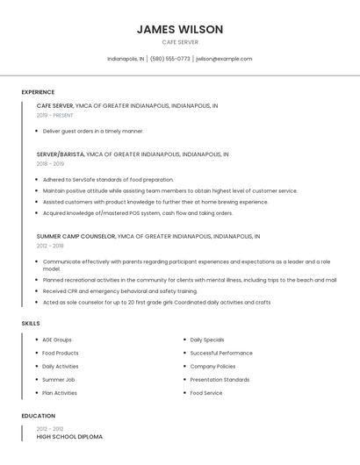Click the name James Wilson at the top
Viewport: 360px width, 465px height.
[180, 29]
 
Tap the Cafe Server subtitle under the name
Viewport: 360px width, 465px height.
[180, 42]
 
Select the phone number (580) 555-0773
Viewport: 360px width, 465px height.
[170, 59]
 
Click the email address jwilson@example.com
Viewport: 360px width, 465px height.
[224, 59]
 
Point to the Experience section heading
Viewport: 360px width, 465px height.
[38, 92]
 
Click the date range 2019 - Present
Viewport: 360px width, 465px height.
[54, 115]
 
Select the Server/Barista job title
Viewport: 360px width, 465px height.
[61, 154]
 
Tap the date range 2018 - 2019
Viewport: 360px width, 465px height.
[50, 163]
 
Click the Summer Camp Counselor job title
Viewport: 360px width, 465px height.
[76, 236]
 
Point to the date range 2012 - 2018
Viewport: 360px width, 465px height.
[50, 246]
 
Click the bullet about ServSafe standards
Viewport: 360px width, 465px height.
[108, 179]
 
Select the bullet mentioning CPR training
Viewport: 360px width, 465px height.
[119, 290]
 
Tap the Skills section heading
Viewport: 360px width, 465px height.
[31, 323]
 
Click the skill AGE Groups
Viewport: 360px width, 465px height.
[57, 340]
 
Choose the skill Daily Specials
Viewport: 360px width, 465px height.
[207, 340]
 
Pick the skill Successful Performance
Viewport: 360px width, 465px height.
[221, 353]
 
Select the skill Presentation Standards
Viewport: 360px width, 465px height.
[220, 380]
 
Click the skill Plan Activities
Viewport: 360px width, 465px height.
[60, 393]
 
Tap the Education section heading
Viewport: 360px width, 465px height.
[37, 416]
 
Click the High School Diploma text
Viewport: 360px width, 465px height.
[69, 436]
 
